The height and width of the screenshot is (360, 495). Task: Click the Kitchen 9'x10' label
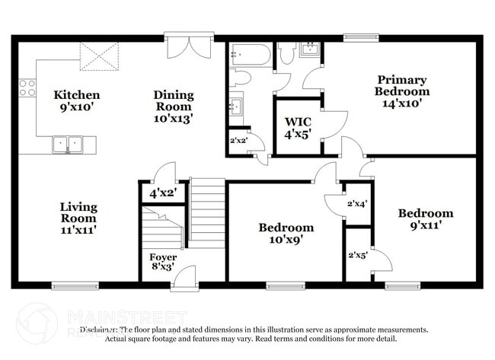click(x=76, y=101)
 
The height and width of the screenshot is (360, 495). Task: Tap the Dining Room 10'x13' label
click(x=174, y=106)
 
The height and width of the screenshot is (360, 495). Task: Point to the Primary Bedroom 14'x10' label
click(x=401, y=91)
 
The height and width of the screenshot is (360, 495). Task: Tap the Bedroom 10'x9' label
click(x=286, y=233)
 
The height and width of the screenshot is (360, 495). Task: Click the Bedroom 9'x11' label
click(x=425, y=218)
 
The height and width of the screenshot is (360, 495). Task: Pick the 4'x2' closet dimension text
click(x=162, y=193)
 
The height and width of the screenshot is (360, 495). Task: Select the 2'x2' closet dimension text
click(x=238, y=140)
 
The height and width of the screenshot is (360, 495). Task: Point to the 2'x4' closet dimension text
click(x=357, y=203)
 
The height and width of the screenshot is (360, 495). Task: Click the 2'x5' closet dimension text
click(x=357, y=255)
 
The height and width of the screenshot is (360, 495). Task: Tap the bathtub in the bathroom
click(x=249, y=54)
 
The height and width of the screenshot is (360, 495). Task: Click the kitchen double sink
click(x=67, y=143)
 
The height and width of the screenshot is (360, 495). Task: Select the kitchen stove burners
click(x=27, y=88)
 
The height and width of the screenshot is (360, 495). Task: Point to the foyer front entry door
click(x=184, y=278)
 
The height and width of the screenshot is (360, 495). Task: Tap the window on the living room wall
click(x=75, y=285)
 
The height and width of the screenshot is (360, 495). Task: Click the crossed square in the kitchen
click(x=100, y=56)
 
